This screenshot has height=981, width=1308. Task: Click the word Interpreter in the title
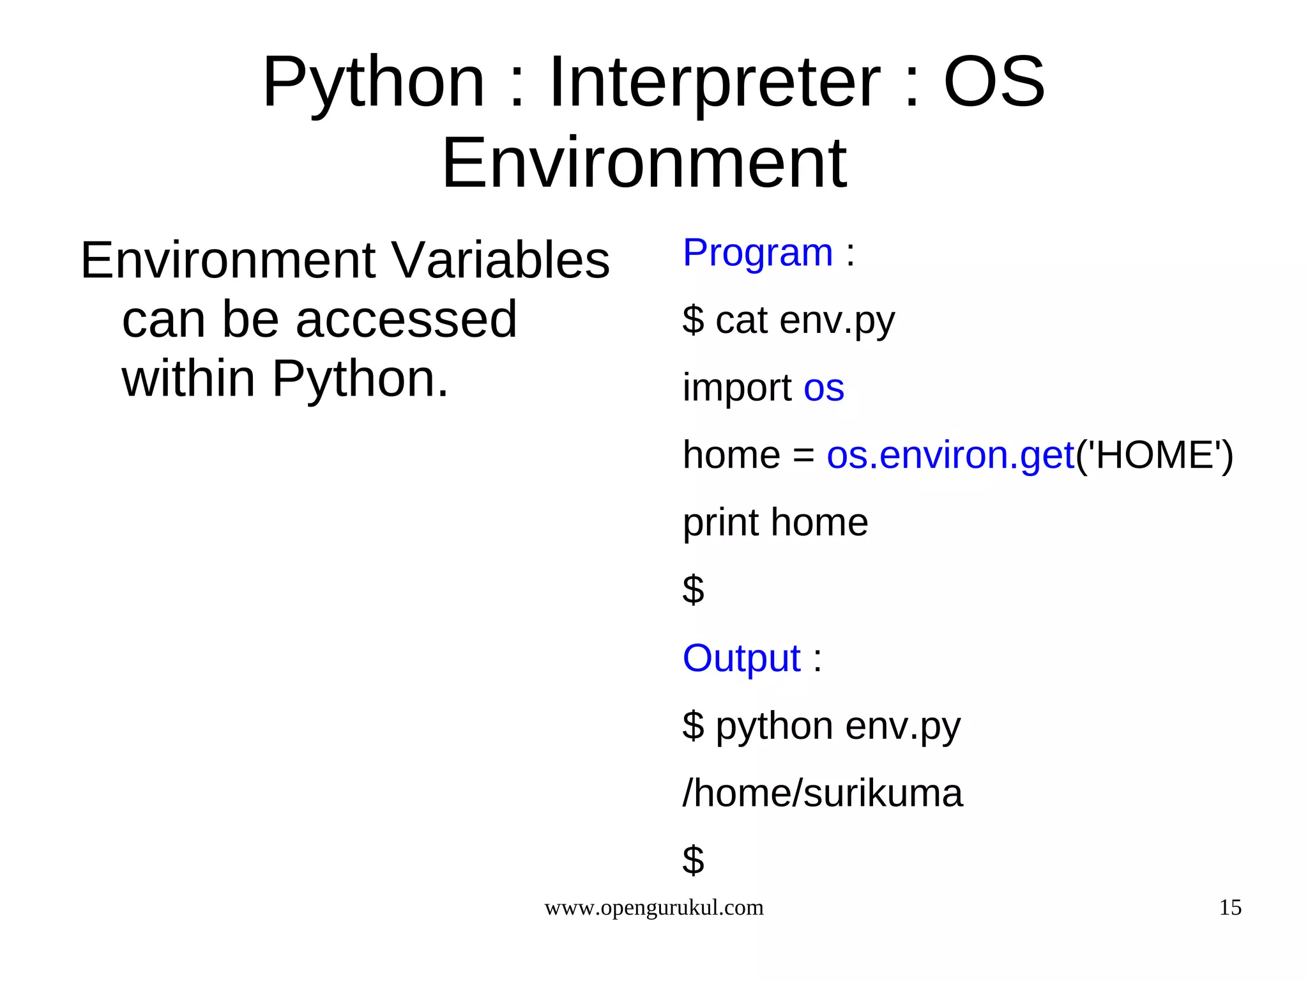[x=714, y=82]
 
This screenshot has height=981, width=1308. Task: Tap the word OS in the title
[x=994, y=82]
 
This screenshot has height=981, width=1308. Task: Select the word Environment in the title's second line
[x=644, y=164]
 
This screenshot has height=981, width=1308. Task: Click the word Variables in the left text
[x=500, y=261]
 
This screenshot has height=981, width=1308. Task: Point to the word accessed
[x=406, y=320]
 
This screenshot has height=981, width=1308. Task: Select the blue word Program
[x=757, y=252]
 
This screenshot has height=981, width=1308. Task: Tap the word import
[x=737, y=388]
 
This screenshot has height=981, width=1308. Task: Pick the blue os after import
[x=824, y=389]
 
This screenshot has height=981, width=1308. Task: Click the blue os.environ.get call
[x=950, y=456]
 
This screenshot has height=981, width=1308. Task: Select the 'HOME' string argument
[x=1155, y=456]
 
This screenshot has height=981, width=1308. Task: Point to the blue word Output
[x=741, y=658]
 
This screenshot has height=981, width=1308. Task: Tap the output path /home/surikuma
[x=823, y=794]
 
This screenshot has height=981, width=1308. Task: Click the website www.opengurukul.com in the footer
[x=653, y=908]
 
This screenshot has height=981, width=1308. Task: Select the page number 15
[x=1230, y=908]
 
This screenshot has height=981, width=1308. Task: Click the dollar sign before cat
[x=693, y=320]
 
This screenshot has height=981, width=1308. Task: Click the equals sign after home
[x=803, y=456]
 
